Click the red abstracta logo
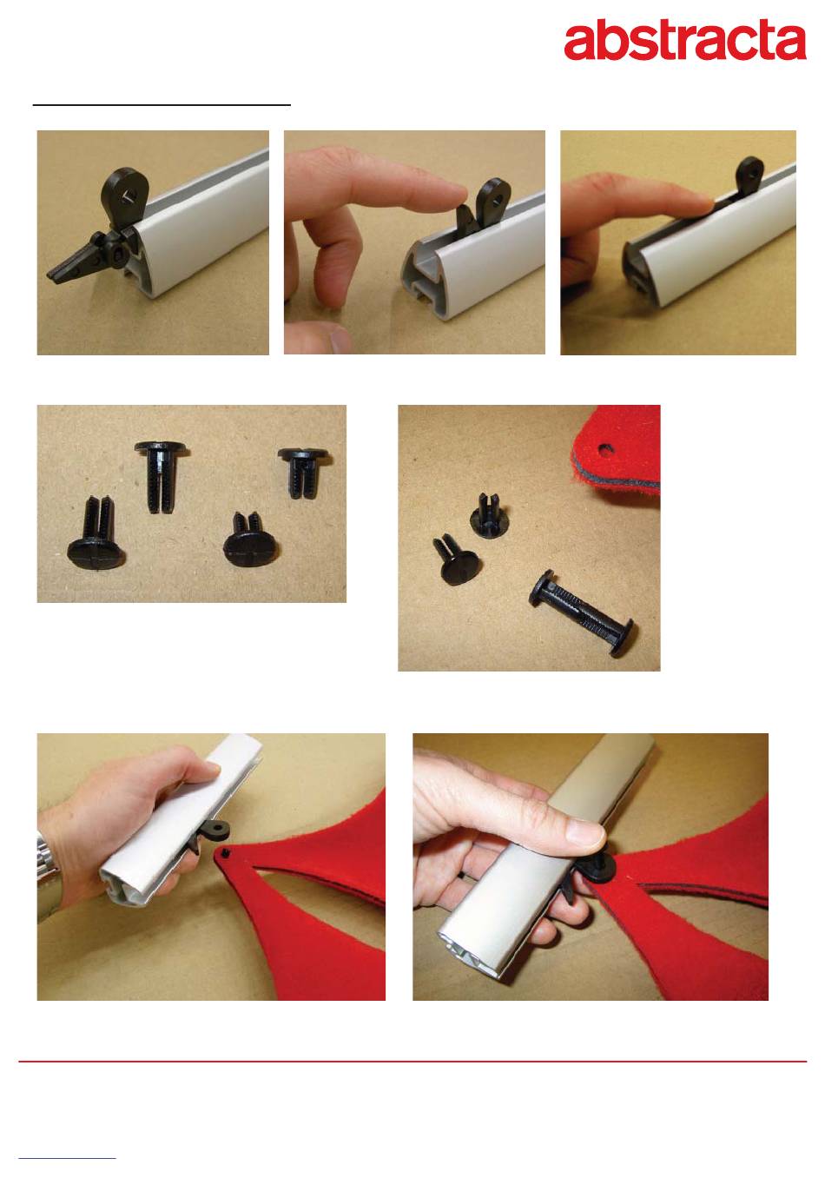click(685, 40)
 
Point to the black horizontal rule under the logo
click(162, 105)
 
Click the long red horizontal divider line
click(412, 1062)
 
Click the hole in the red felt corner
click(604, 448)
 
